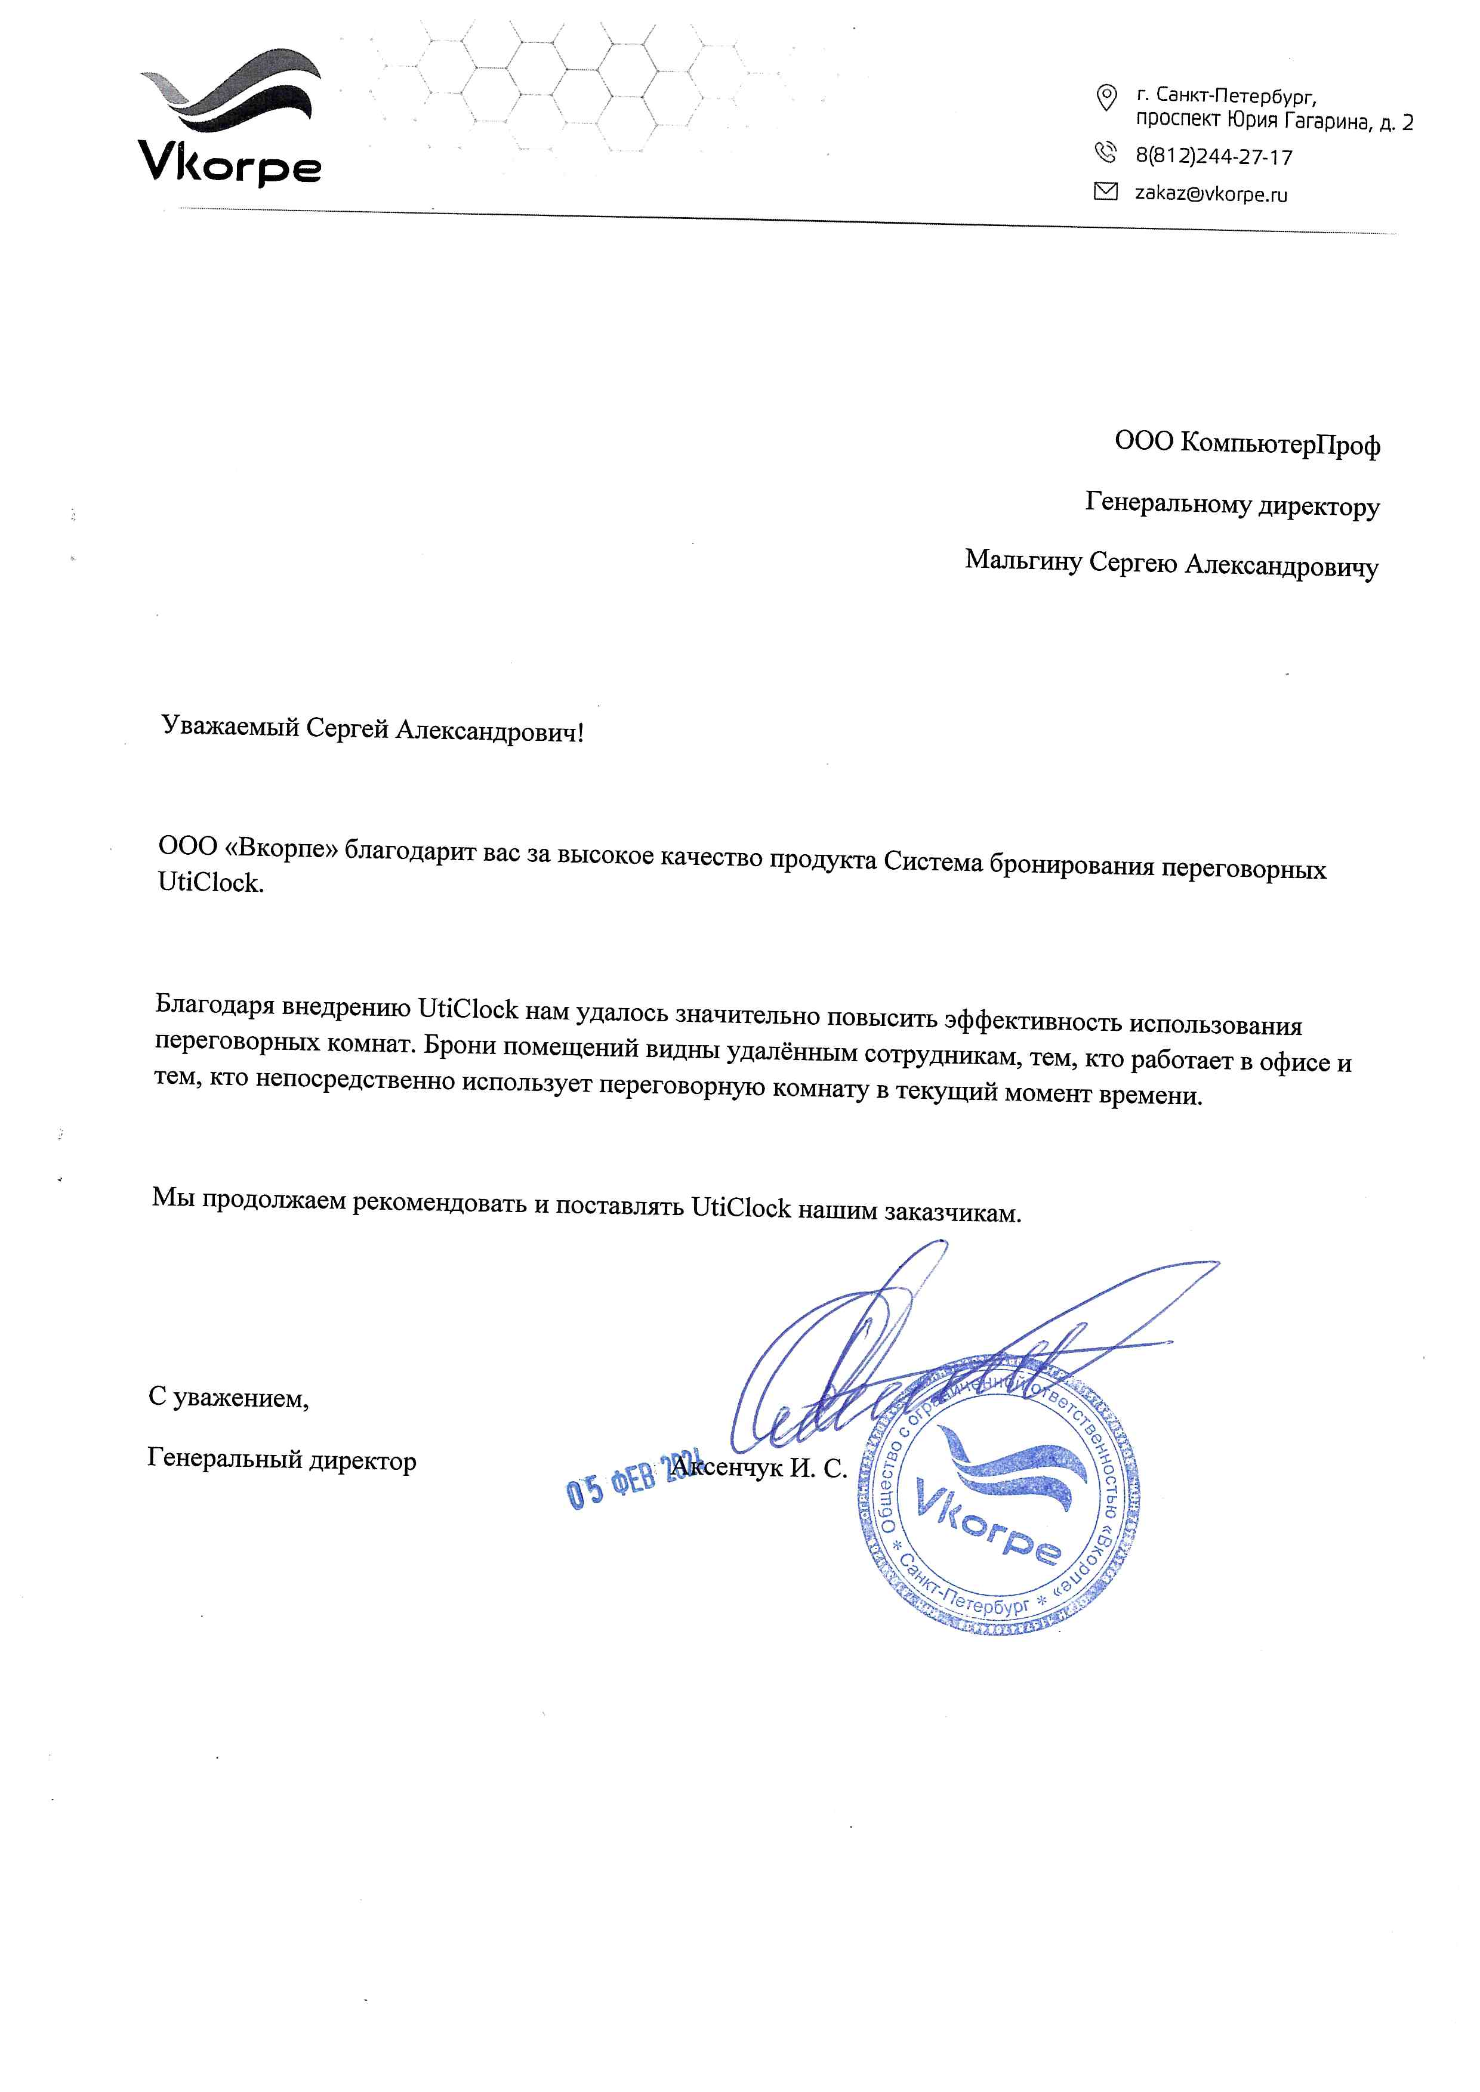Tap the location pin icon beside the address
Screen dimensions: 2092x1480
[1105, 97]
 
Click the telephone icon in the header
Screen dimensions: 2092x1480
[1105, 152]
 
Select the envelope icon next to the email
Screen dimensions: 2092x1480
[1105, 191]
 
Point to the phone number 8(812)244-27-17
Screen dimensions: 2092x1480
[1214, 157]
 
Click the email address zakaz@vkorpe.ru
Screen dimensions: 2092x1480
[1211, 194]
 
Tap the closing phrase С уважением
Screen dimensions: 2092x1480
[229, 1398]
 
